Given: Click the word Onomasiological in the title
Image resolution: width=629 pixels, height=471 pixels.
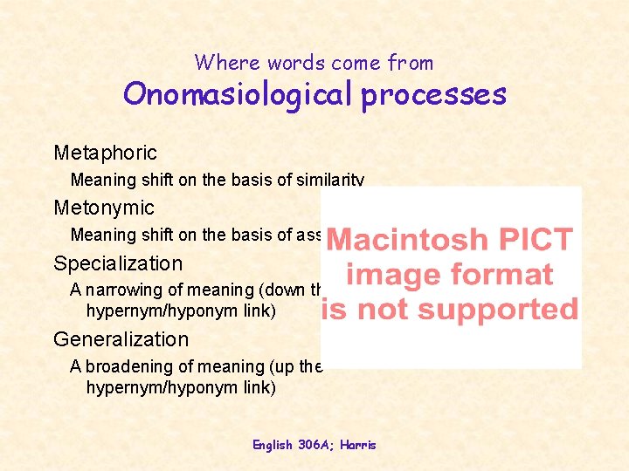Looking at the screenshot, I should pos(238,93).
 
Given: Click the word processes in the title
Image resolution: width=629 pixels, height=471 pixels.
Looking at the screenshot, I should pos(433,95).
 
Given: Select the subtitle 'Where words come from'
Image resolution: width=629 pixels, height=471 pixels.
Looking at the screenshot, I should pos(314,62).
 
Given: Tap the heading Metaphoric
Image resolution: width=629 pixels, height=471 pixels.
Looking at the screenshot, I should pos(105,154).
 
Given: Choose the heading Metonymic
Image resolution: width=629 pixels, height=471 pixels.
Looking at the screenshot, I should pos(103,208).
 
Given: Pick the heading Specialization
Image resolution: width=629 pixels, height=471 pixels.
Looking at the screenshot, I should pos(118,263).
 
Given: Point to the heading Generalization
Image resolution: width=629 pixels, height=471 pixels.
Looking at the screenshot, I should pos(121,339).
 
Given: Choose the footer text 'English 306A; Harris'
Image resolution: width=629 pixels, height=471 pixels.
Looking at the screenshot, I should pos(314,445).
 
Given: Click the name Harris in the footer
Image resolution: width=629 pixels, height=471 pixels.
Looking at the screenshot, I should pos(358,445).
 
